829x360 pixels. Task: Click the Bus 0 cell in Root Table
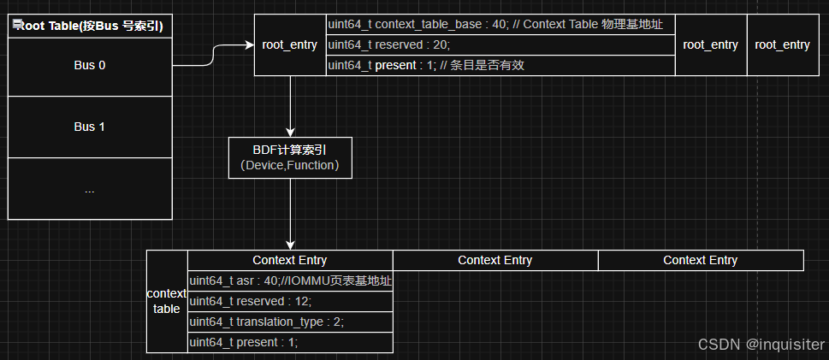89,65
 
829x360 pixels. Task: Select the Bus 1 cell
89,127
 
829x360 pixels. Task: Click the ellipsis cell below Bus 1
89,190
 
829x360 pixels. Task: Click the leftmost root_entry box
290,45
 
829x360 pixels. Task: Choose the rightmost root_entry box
782,45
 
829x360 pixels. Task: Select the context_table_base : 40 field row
500,25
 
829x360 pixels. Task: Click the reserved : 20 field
500,44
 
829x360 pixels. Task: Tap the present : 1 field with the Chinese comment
500,65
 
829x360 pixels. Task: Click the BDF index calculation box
290,157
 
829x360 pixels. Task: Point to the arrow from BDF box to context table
291,214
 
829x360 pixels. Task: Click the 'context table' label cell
167,301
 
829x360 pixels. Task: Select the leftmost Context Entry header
289,260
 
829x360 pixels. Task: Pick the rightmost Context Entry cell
700,260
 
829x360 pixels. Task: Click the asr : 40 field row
290,280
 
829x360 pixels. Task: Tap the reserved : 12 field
290,301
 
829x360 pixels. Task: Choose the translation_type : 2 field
290,322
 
